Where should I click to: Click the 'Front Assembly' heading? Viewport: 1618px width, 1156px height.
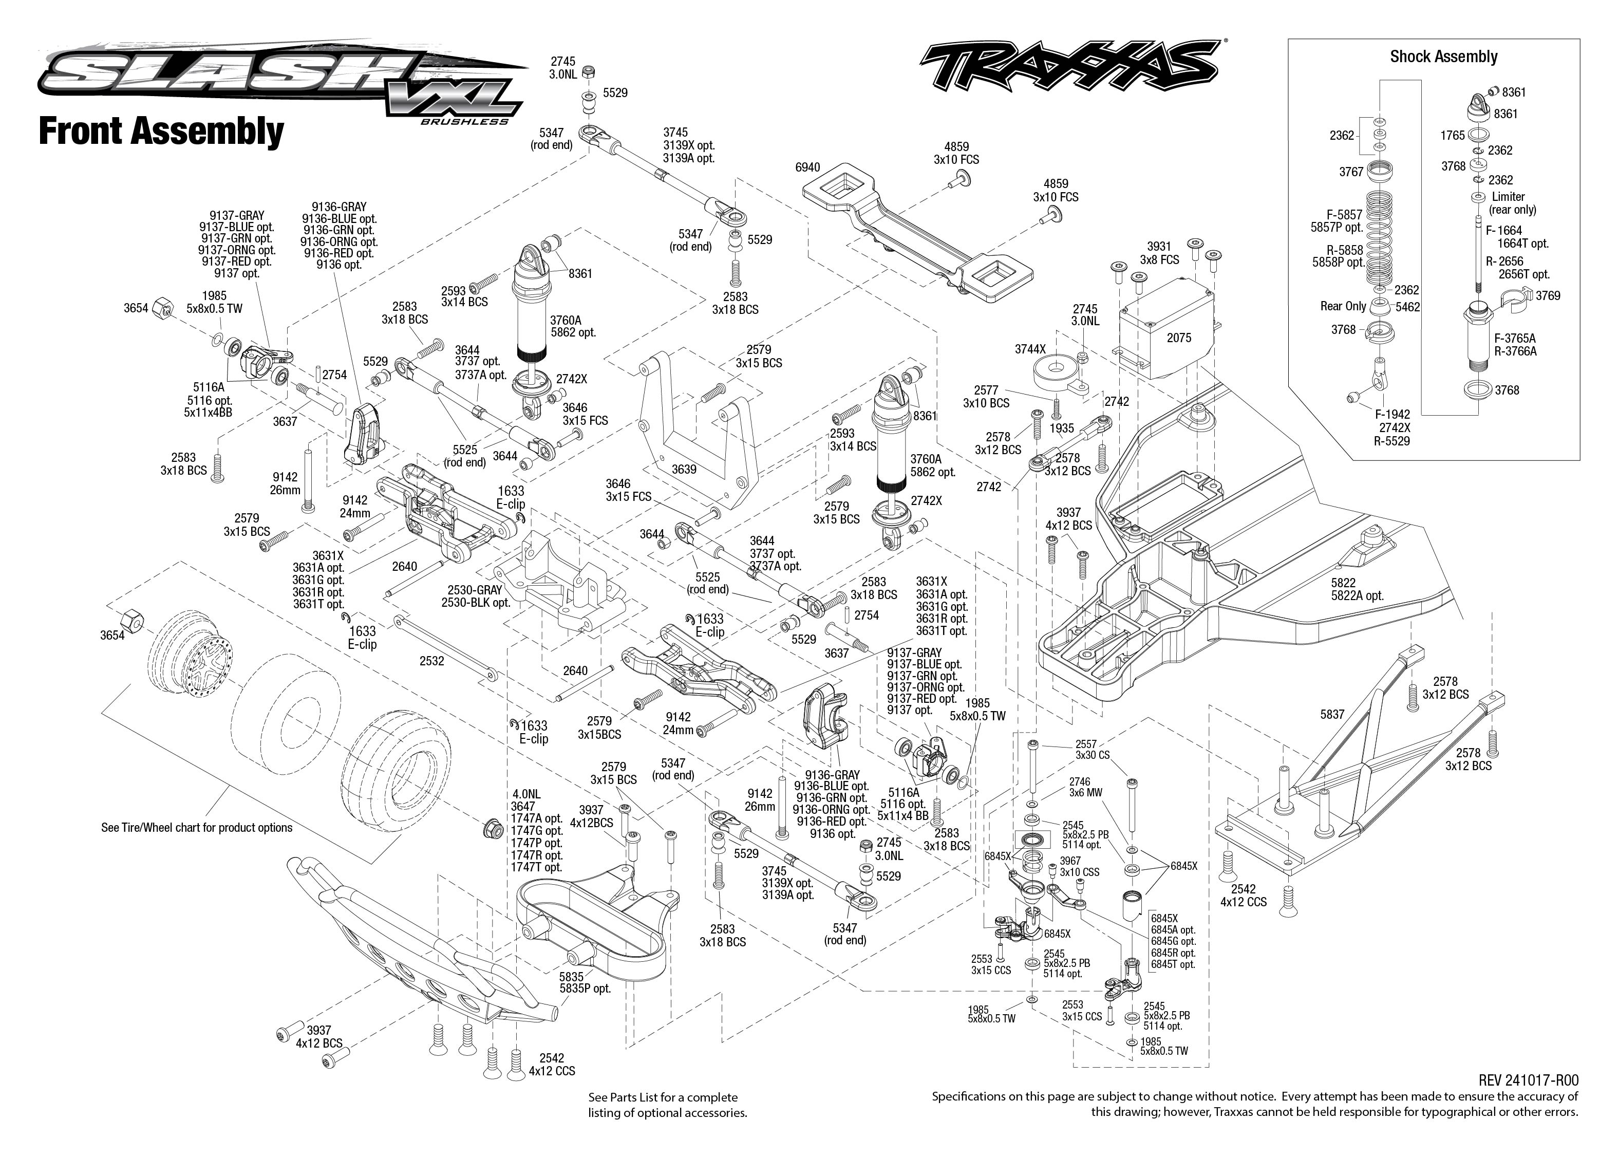click(161, 132)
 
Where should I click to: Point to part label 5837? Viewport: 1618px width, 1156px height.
click(1332, 714)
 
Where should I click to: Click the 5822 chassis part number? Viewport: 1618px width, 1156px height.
click(1343, 582)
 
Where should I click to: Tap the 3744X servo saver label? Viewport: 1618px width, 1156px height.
click(1030, 349)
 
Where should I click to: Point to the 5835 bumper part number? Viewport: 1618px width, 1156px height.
click(571, 977)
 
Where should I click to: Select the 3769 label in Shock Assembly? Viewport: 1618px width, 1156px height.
click(1548, 295)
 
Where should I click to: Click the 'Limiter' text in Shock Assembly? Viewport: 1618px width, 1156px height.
click(1509, 196)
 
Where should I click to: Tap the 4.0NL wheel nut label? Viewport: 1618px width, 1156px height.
click(526, 794)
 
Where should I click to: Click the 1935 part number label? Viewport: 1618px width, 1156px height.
click(1062, 428)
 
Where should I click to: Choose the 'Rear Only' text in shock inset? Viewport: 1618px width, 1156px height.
click(1343, 306)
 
